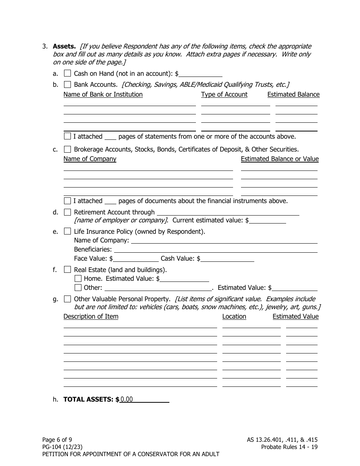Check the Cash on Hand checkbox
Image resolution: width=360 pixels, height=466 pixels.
[67, 73]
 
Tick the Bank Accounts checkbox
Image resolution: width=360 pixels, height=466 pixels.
[67, 84]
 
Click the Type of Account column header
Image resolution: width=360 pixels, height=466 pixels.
[224, 94]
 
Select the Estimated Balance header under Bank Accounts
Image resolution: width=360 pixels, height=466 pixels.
[293, 94]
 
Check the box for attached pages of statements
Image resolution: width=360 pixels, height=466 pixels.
[67, 136]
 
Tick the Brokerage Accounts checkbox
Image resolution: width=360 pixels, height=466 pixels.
[67, 149]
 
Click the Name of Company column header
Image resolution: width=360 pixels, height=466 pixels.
[90, 159]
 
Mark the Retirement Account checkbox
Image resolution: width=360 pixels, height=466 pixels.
[67, 212]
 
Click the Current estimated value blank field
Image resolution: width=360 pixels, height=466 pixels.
[268, 220]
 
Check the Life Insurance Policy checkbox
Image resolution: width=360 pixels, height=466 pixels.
[67, 231]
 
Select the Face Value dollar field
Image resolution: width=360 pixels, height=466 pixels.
[136, 259]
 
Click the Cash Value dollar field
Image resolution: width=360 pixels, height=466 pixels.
[227, 259]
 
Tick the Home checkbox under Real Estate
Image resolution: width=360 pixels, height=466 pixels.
[78, 278]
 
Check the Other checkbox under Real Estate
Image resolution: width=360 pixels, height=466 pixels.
[78, 288]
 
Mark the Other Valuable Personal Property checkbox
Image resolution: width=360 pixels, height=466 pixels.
[67, 299]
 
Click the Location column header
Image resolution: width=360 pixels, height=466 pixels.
[234, 316]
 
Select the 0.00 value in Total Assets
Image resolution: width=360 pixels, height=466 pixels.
[127, 399]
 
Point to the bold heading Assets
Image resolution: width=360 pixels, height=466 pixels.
[64, 46]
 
